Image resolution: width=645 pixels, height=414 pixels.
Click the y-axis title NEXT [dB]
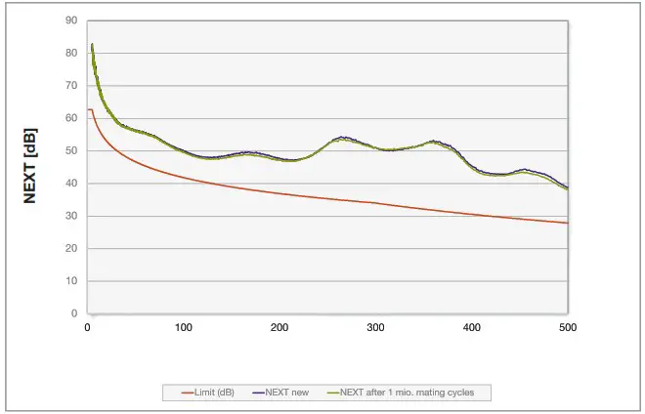30,166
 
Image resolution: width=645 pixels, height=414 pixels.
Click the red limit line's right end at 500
567,223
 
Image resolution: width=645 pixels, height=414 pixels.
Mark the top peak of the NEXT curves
92,45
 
